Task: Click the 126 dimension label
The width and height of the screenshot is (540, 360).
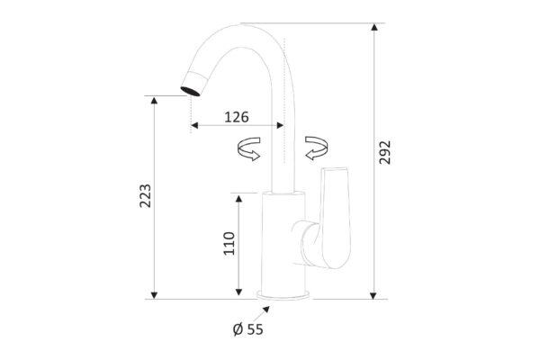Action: tap(236, 117)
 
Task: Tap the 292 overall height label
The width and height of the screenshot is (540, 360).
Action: tap(385, 152)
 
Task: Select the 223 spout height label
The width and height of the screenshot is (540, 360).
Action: tap(145, 195)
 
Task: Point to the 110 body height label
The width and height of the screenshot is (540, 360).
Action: tap(229, 243)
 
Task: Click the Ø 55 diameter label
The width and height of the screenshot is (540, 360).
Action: tap(248, 329)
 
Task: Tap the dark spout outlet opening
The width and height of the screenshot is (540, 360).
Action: tap(190, 91)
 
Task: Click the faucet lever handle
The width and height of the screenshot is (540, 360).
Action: tap(333, 219)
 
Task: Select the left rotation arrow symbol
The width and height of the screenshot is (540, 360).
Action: tap(249, 148)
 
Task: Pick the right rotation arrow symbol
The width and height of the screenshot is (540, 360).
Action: tap(317, 148)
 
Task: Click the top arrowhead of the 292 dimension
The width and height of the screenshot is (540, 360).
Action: tap(374, 27)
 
